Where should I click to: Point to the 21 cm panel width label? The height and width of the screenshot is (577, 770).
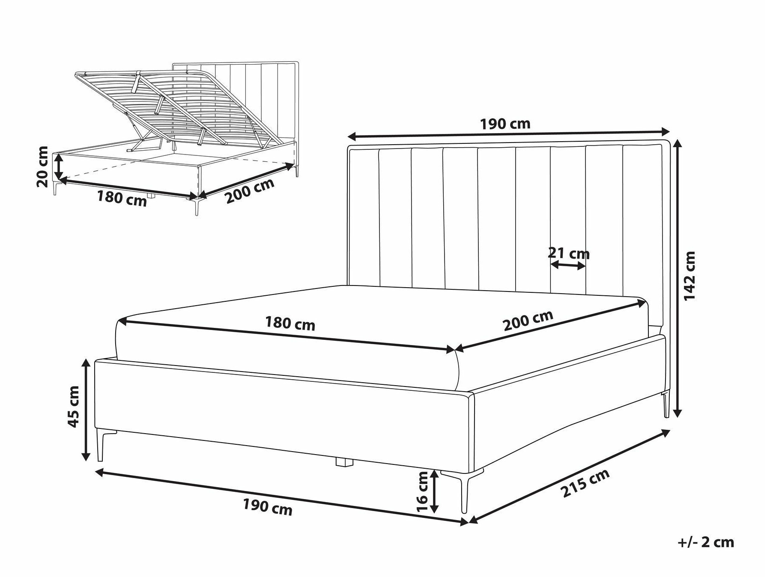(x=569, y=253)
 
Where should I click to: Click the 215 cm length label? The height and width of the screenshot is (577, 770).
(x=585, y=483)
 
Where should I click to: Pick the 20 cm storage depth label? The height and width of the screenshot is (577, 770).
(x=43, y=167)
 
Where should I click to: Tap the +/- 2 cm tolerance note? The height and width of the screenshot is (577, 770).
(x=706, y=542)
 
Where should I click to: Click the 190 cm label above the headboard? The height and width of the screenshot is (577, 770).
(x=505, y=124)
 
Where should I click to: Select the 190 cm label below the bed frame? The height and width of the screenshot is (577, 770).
(x=268, y=507)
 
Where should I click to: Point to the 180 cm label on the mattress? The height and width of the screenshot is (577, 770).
(x=290, y=324)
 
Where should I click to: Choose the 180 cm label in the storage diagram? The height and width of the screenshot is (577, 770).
(x=122, y=199)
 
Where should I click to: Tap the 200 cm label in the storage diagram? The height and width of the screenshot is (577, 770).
(x=250, y=191)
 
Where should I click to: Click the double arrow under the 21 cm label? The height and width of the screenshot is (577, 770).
(x=568, y=266)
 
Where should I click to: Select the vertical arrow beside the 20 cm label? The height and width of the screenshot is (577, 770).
(x=59, y=167)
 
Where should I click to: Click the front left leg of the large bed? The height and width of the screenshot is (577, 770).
(x=101, y=445)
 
